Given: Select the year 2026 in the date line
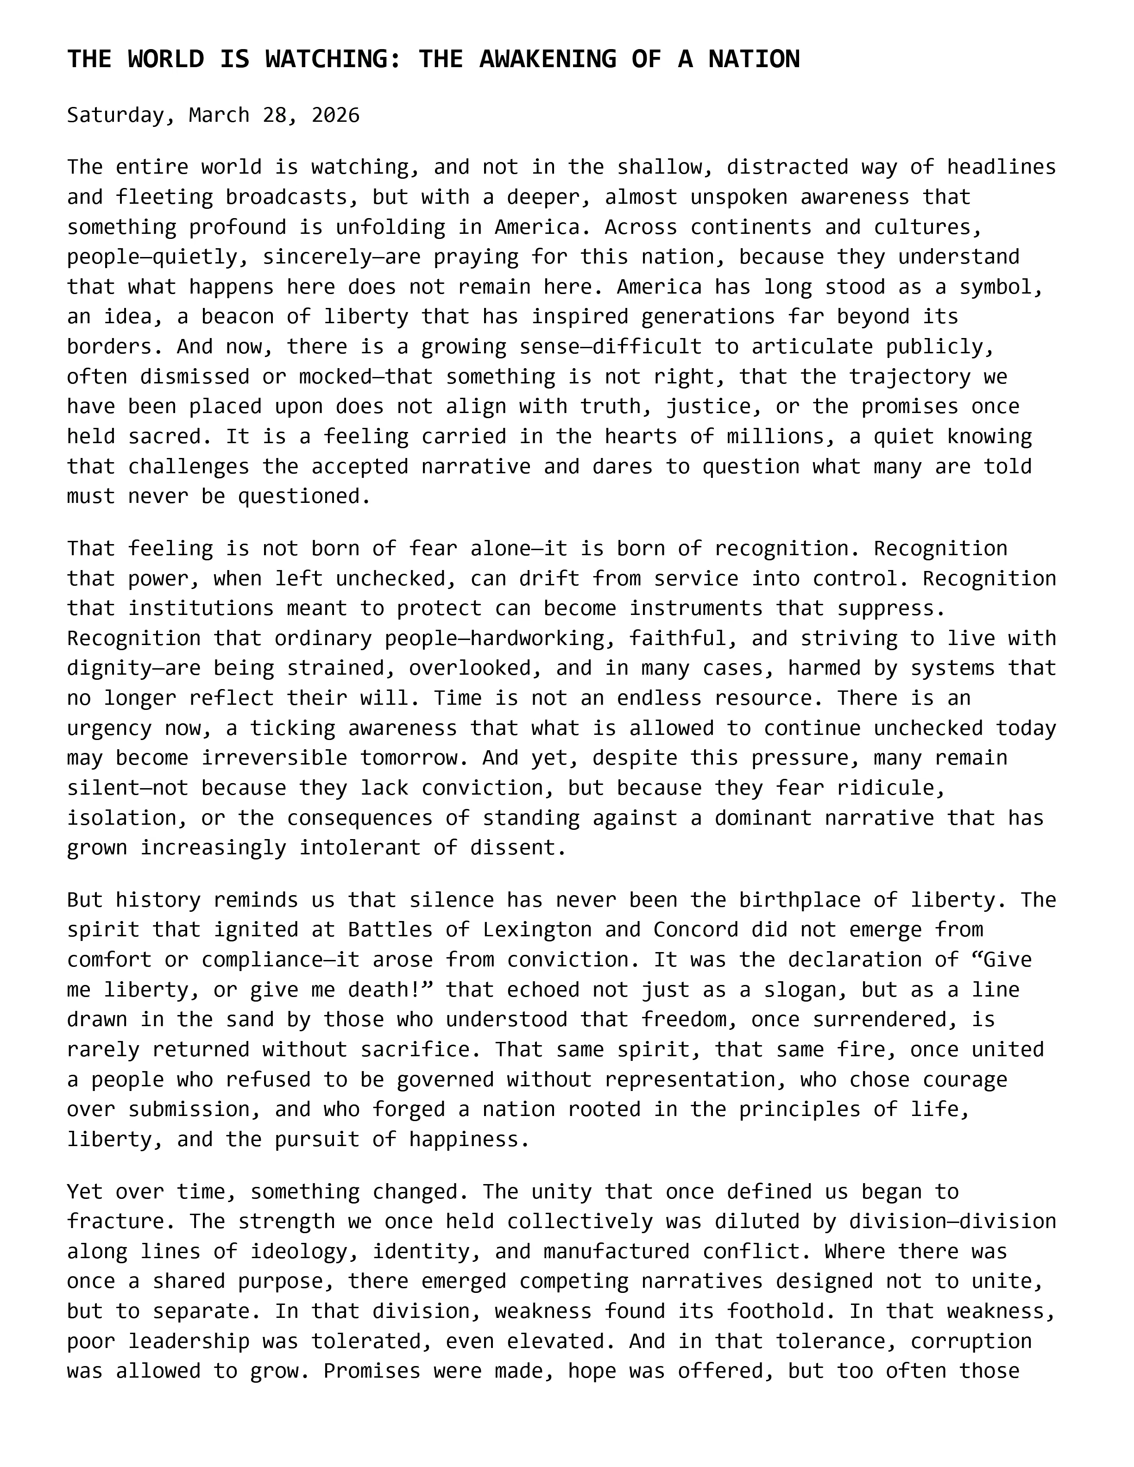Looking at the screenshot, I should coord(335,115).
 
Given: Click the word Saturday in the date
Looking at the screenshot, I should coord(115,115).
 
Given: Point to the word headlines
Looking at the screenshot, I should coord(1001,167).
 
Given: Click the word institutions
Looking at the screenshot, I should coord(201,608).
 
